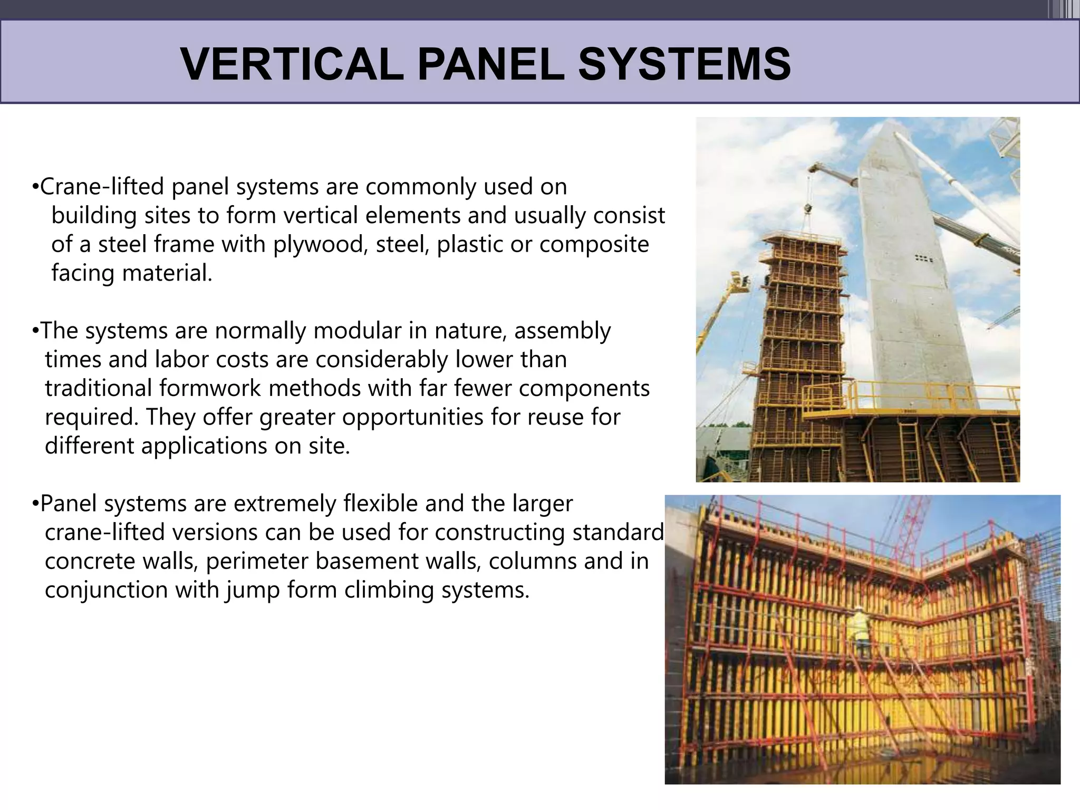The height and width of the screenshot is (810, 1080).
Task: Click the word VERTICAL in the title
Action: click(291, 64)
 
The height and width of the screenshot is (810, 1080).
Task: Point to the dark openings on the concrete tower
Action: click(924, 258)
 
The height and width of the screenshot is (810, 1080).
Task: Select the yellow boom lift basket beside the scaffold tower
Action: click(738, 285)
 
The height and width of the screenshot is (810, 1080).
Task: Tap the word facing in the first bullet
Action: click(83, 273)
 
